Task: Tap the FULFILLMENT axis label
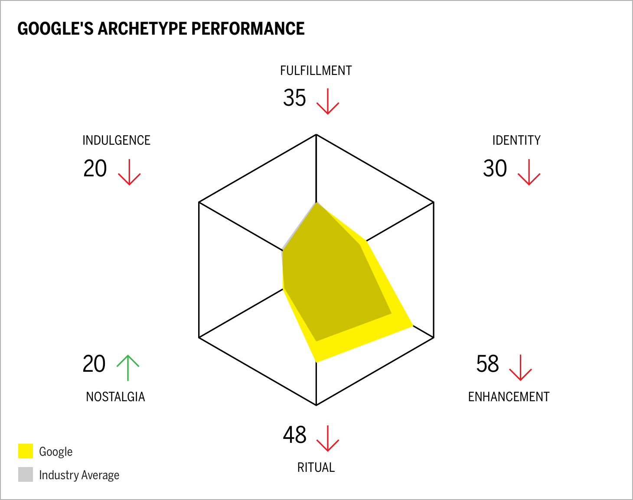(316, 71)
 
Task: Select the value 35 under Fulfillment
(294, 97)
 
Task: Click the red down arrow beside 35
(327, 101)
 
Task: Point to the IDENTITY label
(516, 140)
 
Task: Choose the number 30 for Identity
(495, 169)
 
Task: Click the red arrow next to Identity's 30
(529, 172)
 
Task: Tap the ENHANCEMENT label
(509, 397)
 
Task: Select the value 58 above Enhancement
(487, 364)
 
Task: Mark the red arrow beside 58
(520, 367)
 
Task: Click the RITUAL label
(316, 468)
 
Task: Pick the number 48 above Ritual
(294, 435)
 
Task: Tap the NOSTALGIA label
(115, 397)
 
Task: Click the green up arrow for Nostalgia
(128, 368)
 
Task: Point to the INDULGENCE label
(116, 140)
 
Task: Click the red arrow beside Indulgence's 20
(129, 172)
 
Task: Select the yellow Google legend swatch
(26, 451)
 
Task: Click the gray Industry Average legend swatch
(26, 474)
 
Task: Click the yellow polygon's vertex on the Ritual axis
(317, 361)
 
